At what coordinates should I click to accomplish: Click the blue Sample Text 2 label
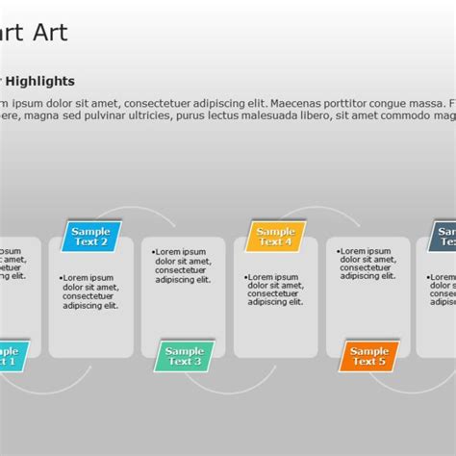(91, 237)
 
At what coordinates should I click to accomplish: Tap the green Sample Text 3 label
(184, 356)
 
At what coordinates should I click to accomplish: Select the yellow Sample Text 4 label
(275, 237)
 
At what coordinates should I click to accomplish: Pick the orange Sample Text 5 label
(367, 356)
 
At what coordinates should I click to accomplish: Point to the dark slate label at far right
(443, 237)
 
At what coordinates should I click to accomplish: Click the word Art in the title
(49, 33)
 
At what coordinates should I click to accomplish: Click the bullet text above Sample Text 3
(183, 266)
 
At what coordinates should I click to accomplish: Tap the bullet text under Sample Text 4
(275, 290)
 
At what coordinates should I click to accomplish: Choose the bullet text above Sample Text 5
(367, 265)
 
